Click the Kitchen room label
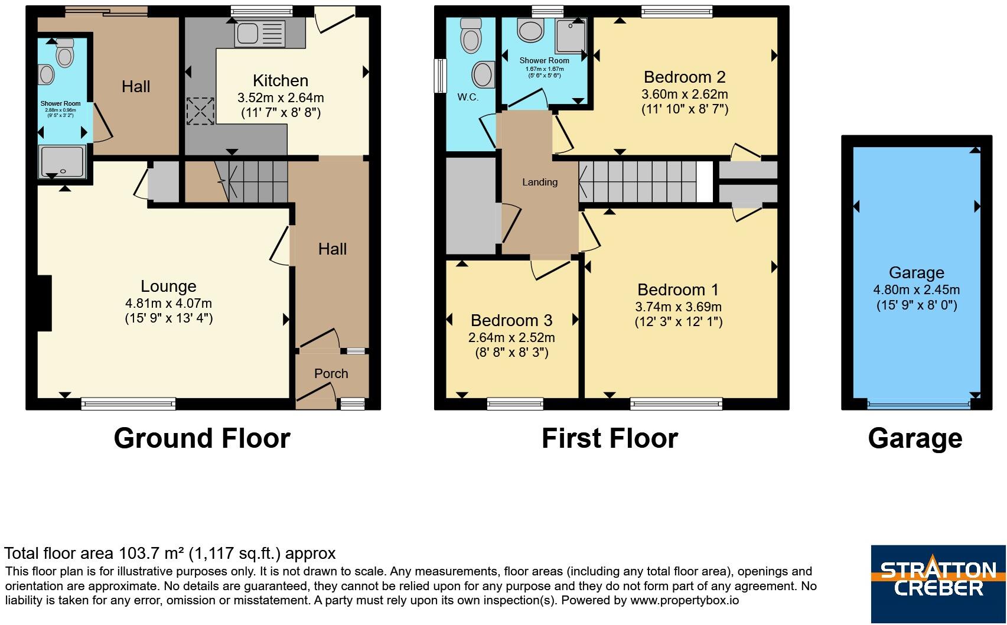coord(281,81)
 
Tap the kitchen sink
coord(260,34)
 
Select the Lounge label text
coord(168,287)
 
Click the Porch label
coord(331,374)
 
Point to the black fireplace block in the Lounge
coord(44,303)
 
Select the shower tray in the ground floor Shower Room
coord(62,161)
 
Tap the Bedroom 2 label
coord(685,77)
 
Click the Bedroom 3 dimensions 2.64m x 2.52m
coord(511,338)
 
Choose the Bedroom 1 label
coord(678,290)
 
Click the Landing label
coord(540,182)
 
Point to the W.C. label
coord(468,97)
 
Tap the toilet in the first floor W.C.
coord(471,35)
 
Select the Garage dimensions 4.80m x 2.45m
coord(917,290)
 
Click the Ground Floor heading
coord(202,438)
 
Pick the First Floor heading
coord(610,438)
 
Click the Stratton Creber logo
coord(938,584)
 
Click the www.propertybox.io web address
coord(685,601)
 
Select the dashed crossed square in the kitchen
coord(200,111)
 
